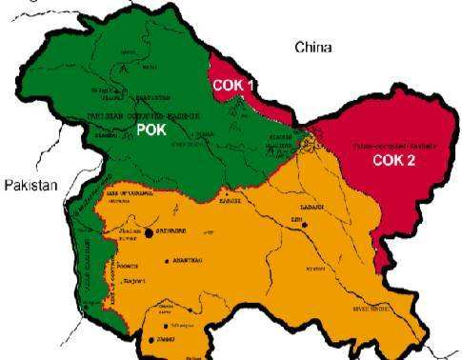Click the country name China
point(314,47)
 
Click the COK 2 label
point(393,160)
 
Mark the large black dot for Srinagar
point(150,231)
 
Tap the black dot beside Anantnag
point(167,260)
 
